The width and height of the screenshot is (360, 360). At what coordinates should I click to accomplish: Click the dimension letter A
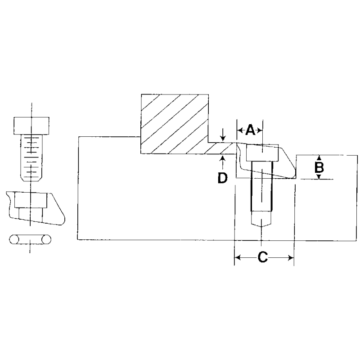(x=250, y=130)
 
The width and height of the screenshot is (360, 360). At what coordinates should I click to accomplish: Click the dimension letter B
(x=319, y=167)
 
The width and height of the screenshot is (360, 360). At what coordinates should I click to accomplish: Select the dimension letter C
(x=263, y=257)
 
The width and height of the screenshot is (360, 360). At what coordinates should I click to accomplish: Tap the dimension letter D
(x=222, y=178)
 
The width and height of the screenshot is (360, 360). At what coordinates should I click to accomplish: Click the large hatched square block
(x=175, y=124)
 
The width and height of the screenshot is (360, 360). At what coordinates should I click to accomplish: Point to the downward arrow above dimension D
(x=222, y=135)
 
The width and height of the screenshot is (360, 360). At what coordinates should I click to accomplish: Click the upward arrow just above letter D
(x=222, y=162)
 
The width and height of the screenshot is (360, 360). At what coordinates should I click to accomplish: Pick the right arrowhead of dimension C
(x=291, y=258)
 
